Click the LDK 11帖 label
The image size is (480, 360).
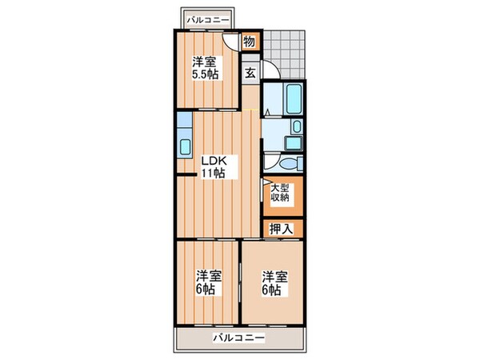coord(212,166)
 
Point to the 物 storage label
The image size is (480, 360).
coord(249,42)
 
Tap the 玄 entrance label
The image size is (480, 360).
coord(250,72)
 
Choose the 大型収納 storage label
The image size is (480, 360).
coord(279,194)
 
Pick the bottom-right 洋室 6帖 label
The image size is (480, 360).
coord(274,282)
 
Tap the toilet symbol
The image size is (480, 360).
coord(293,163)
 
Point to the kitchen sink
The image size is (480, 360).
coord(185,146)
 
